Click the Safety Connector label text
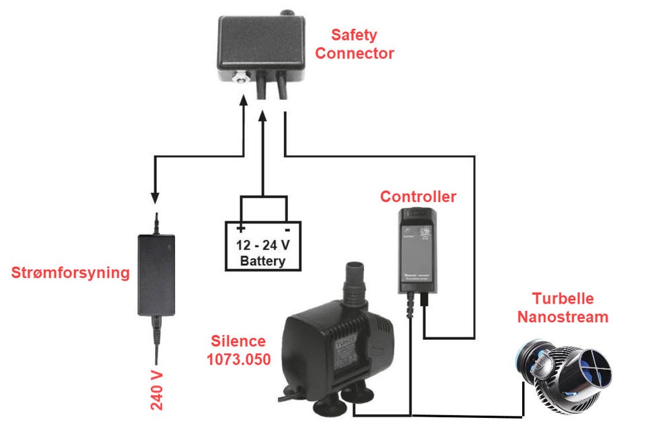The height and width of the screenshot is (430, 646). (354, 44)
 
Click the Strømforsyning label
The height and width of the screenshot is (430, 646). (70, 273)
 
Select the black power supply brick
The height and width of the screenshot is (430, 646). (156, 274)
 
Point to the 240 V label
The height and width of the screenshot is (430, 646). (156, 390)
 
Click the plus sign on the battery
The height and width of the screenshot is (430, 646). (240, 229)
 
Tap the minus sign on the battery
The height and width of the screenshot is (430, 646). (285, 229)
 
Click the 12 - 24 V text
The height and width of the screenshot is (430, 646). (262, 245)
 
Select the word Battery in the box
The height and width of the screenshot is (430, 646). (262, 261)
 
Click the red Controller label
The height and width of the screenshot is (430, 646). (418, 196)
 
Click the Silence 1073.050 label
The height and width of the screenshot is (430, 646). (238, 350)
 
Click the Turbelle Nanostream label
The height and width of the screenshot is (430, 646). (563, 308)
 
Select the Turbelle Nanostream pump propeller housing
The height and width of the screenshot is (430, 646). (592, 369)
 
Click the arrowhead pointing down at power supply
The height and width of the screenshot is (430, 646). (155, 199)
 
